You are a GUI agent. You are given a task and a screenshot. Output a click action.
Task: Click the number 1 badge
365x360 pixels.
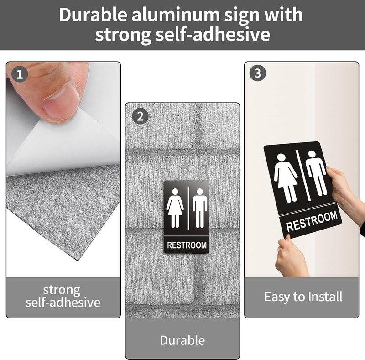click(20, 74)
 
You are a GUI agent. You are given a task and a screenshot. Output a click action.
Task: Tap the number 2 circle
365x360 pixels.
click(140, 116)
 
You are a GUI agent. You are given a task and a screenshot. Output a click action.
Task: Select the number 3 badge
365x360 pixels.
click(257, 73)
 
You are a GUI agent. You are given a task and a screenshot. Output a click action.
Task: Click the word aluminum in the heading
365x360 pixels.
click(176, 15)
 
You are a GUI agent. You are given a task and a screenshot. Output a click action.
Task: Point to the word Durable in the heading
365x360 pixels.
click(93, 15)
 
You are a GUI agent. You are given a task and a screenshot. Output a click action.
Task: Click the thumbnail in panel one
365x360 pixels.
click(61, 103)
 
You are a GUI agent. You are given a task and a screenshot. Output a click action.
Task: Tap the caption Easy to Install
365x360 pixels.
click(303, 297)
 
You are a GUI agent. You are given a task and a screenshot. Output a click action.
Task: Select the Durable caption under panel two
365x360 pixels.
click(182, 340)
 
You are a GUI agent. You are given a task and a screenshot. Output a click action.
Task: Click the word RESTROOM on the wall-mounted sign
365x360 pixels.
click(187, 245)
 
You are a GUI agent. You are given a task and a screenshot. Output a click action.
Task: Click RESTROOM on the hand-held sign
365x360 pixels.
click(312, 221)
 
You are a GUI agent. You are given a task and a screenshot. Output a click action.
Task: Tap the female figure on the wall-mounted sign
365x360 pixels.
click(175, 208)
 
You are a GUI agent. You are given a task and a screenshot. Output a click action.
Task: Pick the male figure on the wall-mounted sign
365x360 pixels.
click(200, 208)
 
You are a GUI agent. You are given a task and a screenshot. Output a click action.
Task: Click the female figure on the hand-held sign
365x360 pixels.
click(286, 178)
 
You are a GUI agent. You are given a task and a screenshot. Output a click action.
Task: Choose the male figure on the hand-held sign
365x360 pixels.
click(316, 173)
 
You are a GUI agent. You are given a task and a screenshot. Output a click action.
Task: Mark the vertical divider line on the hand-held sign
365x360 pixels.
click(303, 175)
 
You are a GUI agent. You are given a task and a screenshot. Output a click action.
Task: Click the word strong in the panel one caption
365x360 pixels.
click(62, 290)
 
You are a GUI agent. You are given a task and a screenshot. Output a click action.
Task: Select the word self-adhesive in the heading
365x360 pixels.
click(213, 34)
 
